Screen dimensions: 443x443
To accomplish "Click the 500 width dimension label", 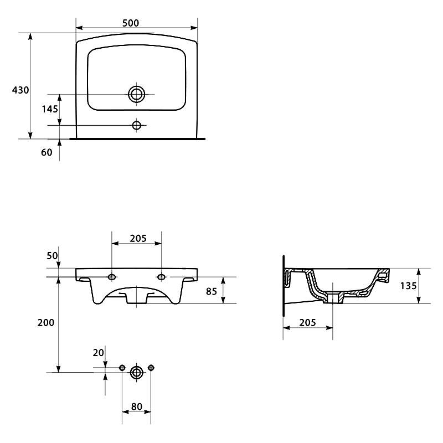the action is (x=131, y=23).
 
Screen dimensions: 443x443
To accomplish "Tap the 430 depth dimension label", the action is (x=20, y=90).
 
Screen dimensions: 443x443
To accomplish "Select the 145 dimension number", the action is (x=50, y=109).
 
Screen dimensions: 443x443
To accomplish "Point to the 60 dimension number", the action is (x=47, y=152).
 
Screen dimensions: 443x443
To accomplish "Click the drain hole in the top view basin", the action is (x=136, y=94).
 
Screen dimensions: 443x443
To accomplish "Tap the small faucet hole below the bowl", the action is (x=136, y=125).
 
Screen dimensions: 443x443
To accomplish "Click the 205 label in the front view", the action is (x=138, y=239).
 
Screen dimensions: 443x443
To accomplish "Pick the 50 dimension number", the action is (x=52, y=256).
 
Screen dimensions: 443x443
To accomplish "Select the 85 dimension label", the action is (x=212, y=292).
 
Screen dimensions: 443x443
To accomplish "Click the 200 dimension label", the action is (x=46, y=323).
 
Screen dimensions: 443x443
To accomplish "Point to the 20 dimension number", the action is (x=99, y=353).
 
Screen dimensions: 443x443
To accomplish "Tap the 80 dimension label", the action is (x=137, y=406).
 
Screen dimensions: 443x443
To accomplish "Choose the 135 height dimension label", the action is (x=408, y=286).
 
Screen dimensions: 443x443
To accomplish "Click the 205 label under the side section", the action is (x=307, y=323).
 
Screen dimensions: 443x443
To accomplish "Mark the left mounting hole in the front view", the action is (x=112, y=277).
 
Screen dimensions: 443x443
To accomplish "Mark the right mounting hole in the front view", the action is (x=161, y=277).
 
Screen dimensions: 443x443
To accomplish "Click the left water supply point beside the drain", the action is (x=122, y=368).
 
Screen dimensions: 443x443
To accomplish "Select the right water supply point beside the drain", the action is (x=151, y=368).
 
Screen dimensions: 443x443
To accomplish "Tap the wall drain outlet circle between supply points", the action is (x=136, y=373).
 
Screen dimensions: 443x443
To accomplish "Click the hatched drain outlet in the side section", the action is (x=333, y=298).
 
